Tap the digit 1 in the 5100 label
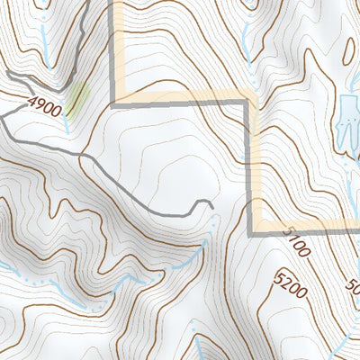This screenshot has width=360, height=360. pos(291,238)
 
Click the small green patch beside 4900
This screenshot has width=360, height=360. pos(78,97)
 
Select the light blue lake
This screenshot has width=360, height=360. pos(346,121)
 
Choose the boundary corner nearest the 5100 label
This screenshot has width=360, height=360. pos(253,229)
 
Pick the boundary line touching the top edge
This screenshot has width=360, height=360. pos(115,4)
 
